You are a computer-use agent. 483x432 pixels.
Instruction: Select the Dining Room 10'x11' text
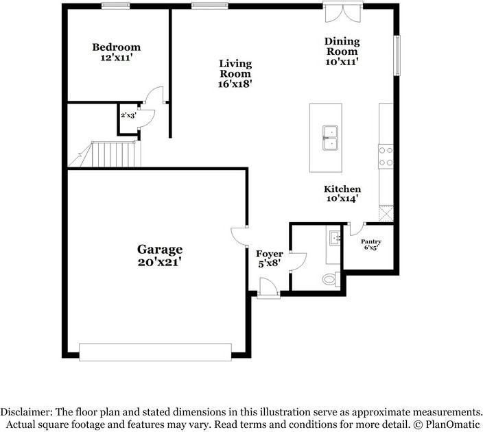pos(342,51)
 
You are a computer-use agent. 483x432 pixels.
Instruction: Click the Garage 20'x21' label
pos(159,255)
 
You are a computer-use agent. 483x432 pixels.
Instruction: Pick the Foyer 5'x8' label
pos(269,259)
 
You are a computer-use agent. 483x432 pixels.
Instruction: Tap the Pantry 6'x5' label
pos(371,245)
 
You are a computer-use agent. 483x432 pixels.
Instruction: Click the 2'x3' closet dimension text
pos(128,116)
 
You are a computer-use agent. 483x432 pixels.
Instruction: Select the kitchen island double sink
pos(332,136)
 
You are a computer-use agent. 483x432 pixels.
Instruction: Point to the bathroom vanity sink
pos(335,239)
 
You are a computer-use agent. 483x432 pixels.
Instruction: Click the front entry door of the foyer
pos(269,287)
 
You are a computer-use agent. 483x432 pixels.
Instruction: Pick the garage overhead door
pos(156,351)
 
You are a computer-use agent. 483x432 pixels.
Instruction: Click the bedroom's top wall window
pos(116,6)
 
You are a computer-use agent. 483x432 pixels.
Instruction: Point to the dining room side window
pos(396,54)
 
